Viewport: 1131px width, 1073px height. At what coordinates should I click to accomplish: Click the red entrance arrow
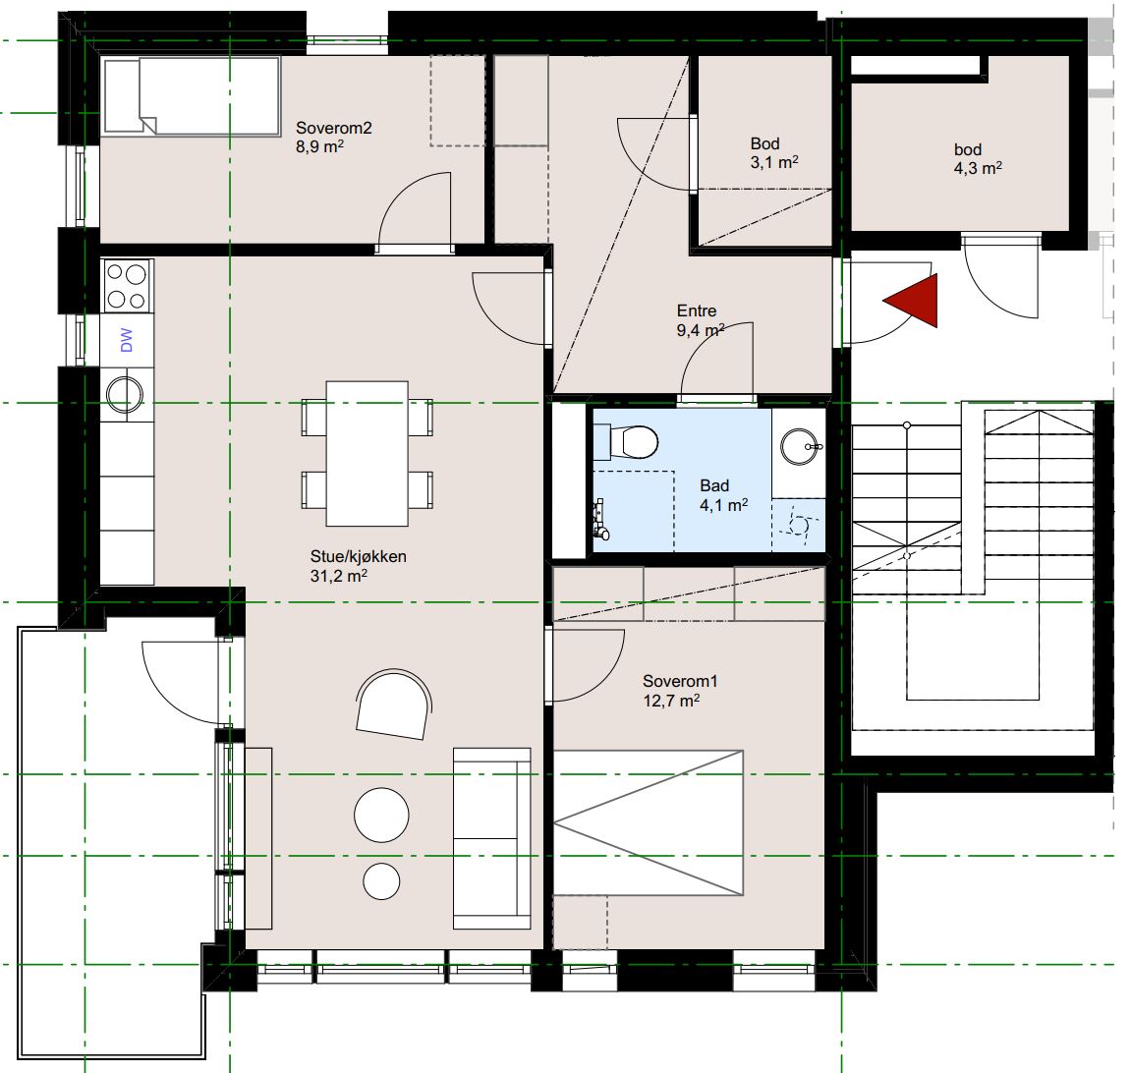[x=916, y=301]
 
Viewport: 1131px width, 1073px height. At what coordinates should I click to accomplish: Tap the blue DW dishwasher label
[x=126, y=340]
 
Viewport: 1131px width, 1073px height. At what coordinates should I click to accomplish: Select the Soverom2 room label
[x=334, y=128]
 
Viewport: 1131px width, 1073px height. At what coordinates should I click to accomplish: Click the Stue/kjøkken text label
[x=359, y=556]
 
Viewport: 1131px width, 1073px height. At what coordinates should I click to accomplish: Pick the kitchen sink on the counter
[x=125, y=394]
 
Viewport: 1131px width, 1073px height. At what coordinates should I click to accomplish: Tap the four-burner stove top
[x=127, y=286]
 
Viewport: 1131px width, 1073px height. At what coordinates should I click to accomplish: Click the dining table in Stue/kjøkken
[x=368, y=454]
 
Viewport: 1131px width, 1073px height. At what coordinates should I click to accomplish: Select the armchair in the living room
[x=394, y=705]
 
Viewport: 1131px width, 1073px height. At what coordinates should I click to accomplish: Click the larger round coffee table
[x=381, y=815]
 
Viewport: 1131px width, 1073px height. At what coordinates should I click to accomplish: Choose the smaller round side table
[x=381, y=881]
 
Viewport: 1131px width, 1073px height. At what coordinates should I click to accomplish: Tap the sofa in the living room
[x=492, y=838]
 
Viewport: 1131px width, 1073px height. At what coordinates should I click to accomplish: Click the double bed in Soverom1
[x=649, y=822]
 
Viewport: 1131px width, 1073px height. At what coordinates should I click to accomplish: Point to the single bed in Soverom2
[x=192, y=96]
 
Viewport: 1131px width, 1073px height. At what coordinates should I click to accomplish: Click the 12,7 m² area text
[x=671, y=701]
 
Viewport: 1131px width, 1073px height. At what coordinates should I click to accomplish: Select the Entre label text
[x=697, y=311]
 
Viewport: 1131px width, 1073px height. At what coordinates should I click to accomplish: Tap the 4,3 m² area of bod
[x=978, y=168]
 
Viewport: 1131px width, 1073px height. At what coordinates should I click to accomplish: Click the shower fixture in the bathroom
[x=600, y=519]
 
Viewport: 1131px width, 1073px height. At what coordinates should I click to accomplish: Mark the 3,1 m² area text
[x=774, y=162]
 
